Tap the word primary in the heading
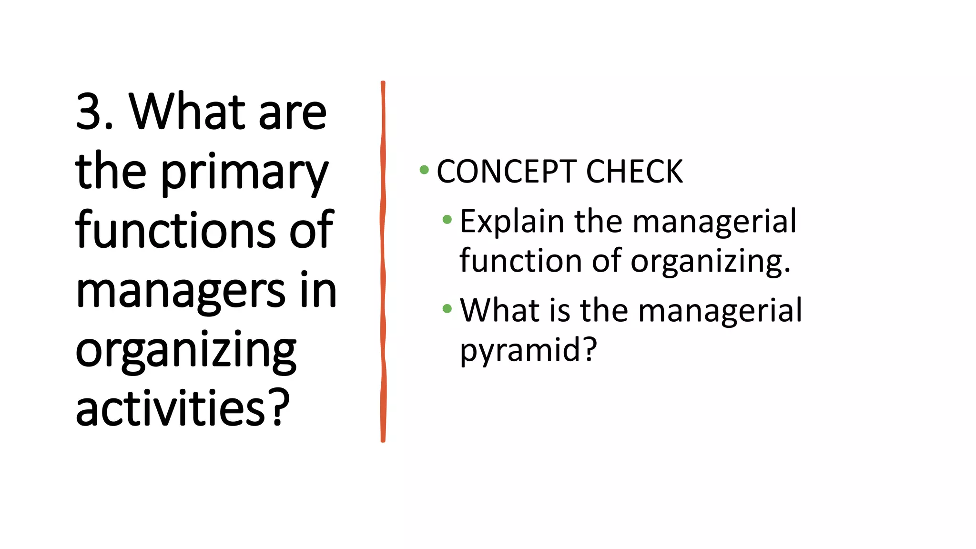coord(244,173)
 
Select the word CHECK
coord(634,172)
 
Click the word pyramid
coord(520,350)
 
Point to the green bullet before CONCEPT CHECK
coord(424,170)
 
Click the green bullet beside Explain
coord(447,220)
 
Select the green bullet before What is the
coord(447,308)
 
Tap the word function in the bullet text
coord(520,261)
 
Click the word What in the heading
coord(187,112)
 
